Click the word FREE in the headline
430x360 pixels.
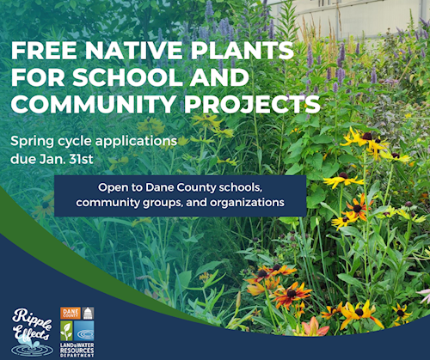point(44,51)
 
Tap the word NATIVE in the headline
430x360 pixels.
point(134,51)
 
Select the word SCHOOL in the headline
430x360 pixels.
point(127,77)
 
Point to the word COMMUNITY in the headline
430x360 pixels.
point(94,104)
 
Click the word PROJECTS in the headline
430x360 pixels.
point(252,104)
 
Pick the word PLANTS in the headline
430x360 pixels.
point(243,51)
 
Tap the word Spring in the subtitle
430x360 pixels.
point(32,142)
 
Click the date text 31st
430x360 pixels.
point(81,159)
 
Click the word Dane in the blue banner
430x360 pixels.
point(160,187)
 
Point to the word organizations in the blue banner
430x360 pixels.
point(247,203)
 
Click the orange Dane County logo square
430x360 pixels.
point(71,313)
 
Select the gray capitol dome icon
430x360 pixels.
point(88,313)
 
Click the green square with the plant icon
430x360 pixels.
point(66,331)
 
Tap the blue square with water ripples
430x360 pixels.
point(83,331)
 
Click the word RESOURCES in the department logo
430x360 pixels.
point(77,351)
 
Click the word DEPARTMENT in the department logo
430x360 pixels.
point(77,356)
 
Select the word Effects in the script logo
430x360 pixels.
point(32,333)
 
